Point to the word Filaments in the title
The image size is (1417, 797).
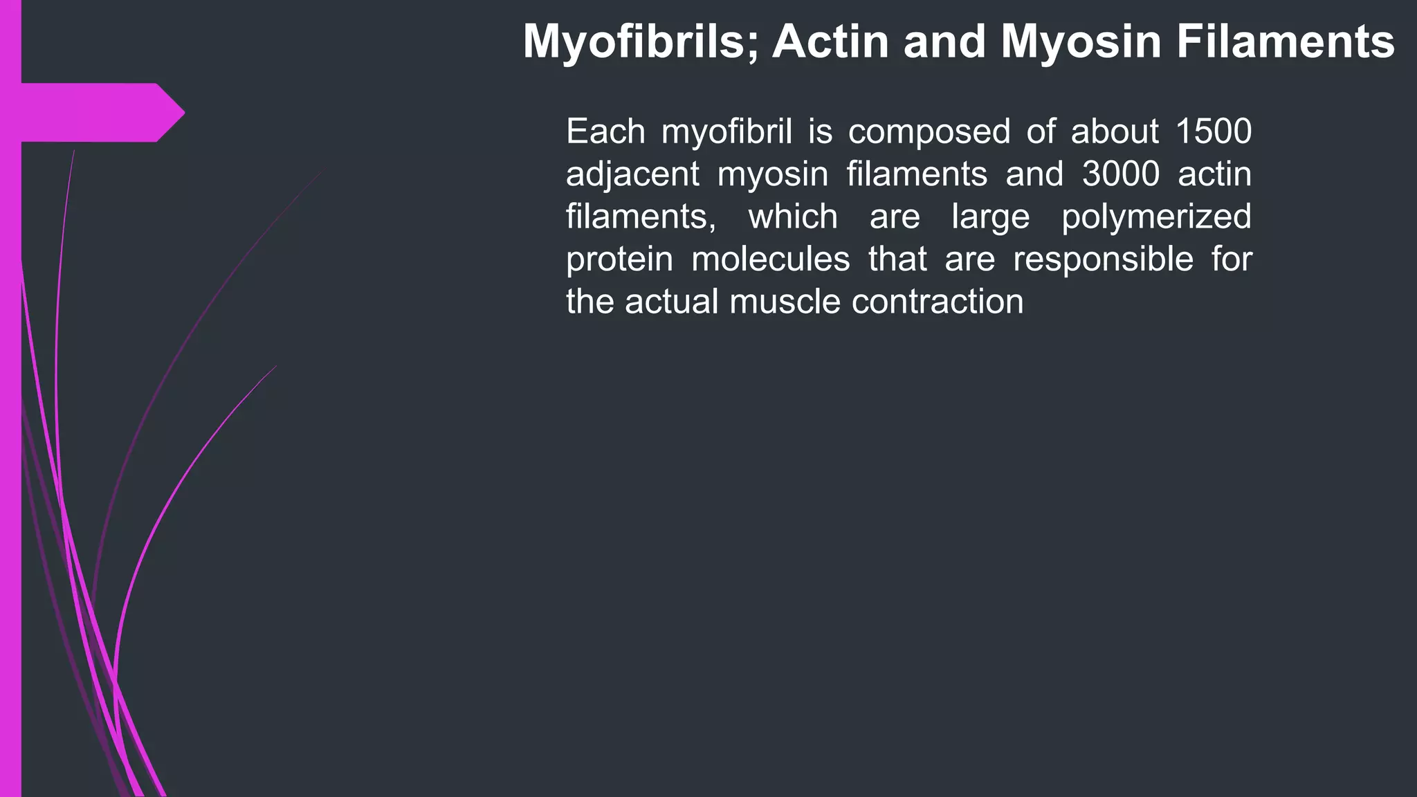[1286, 42]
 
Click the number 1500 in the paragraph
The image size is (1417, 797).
[1214, 131]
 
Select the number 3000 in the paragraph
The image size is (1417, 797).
[1121, 174]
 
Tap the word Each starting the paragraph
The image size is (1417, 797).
[605, 131]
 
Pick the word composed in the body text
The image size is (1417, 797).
[929, 132]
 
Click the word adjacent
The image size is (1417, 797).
[632, 174]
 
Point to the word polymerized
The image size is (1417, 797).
[1156, 217]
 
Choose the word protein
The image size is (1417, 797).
[619, 260]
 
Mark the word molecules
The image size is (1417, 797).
[771, 259]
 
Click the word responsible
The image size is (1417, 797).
[1104, 260]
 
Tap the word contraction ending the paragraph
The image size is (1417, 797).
[938, 302]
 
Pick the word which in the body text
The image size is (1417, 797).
[793, 217]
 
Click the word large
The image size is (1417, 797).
[991, 217]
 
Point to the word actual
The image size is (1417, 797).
[671, 302]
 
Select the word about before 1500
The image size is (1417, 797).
[1115, 131]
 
